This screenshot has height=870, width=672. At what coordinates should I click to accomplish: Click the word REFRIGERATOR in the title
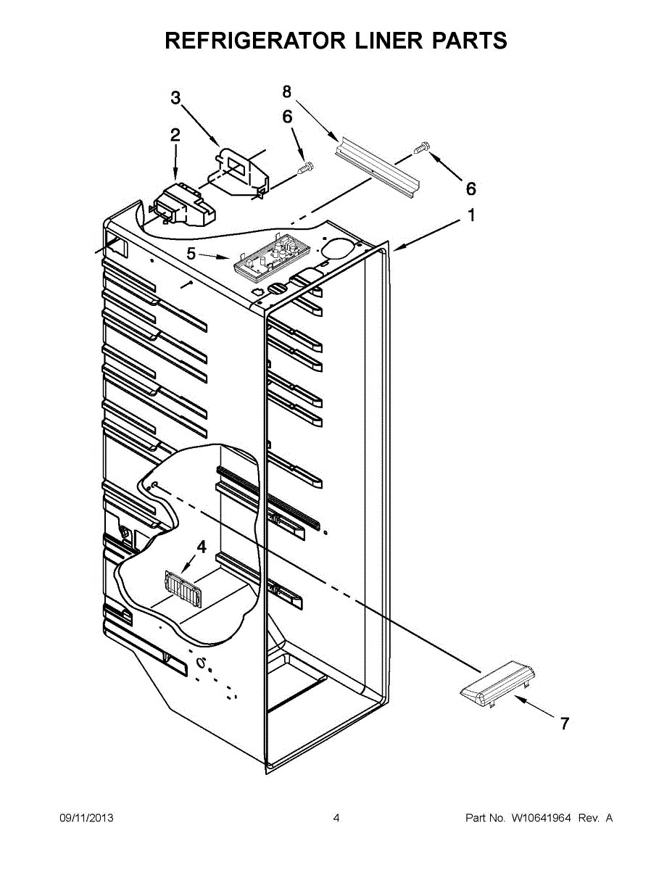pos(256,41)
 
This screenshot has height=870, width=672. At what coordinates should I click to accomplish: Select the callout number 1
pos(471,215)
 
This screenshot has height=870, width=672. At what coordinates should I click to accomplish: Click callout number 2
pos(175,135)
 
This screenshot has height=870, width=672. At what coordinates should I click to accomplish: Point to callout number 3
pos(175,98)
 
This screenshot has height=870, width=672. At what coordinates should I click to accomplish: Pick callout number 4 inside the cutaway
pos(202,547)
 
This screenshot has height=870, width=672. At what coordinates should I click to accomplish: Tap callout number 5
pos(191,253)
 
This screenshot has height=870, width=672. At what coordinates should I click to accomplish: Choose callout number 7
pos(565,723)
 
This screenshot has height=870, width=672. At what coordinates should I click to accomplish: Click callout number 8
pos(287,91)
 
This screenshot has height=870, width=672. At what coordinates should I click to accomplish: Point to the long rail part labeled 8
pos(378,167)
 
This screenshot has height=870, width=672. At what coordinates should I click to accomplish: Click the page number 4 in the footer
pos(336,818)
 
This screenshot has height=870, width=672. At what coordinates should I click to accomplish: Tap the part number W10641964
pos(541,818)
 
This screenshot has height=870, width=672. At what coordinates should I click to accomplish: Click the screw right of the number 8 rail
pos(421,149)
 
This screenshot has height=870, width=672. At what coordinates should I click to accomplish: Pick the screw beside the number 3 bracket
pos(305,168)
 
